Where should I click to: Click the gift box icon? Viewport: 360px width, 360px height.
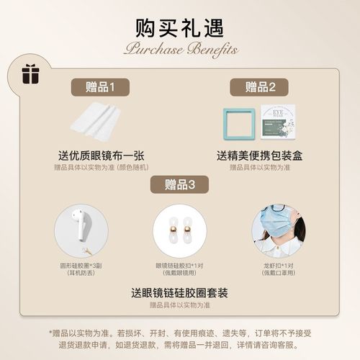(x=29, y=73)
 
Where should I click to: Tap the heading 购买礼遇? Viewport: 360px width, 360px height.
(x=179, y=27)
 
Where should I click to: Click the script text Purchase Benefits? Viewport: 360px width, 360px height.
(x=179, y=49)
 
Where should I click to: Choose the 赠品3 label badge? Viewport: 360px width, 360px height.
(x=180, y=184)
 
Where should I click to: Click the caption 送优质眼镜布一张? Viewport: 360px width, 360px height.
(x=100, y=155)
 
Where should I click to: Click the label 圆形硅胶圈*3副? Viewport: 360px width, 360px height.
(x=81, y=265)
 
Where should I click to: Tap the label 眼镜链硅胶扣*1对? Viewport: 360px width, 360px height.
(x=180, y=265)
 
